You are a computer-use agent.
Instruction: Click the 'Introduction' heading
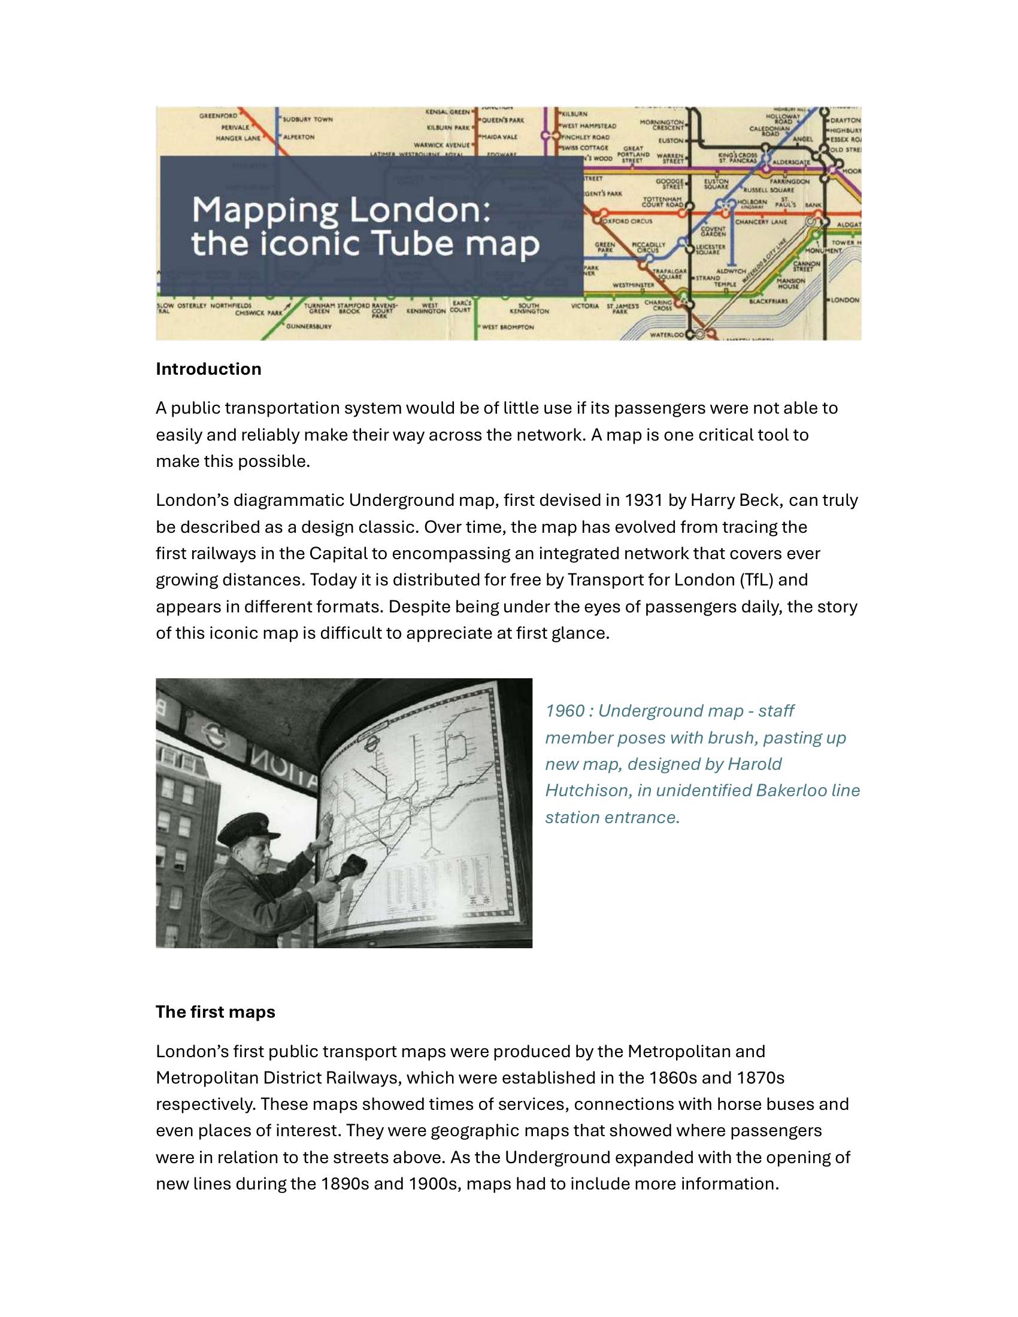click(208, 369)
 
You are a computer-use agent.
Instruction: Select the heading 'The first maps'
click(216, 1011)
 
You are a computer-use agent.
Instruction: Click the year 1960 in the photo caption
click(565, 711)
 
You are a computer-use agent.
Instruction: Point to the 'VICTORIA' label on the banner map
click(584, 306)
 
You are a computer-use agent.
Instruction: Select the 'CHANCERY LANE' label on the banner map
click(761, 222)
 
